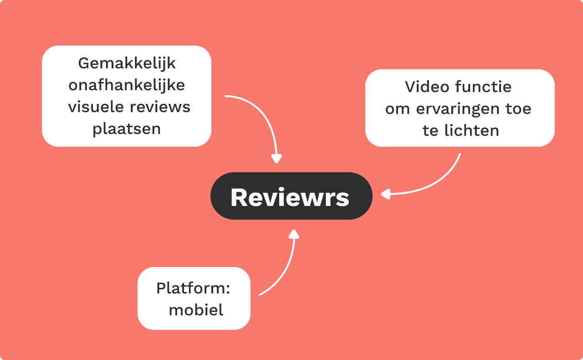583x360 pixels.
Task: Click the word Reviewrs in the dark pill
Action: (x=290, y=197)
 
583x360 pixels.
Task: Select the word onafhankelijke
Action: (x=127, y=86)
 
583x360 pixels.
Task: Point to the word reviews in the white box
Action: (x=160, y=108)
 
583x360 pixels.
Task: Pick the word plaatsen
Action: (x=127, y=129)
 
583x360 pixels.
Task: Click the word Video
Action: (x=427, y=87)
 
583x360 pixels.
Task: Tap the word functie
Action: (x=483, y=87)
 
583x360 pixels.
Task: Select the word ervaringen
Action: (x=458, y=109)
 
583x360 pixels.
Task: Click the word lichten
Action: (x=471, y=130)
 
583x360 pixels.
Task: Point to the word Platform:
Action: (x=193, y=288)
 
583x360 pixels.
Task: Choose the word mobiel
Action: (x=196, y=310)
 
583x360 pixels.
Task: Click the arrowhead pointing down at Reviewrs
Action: (x=276, y=159)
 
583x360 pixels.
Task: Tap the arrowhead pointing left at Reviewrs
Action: (x=385, y=194)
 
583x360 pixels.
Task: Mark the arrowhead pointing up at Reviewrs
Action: (x=294, y=234)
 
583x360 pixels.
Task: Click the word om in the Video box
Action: (x=398, y=109)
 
